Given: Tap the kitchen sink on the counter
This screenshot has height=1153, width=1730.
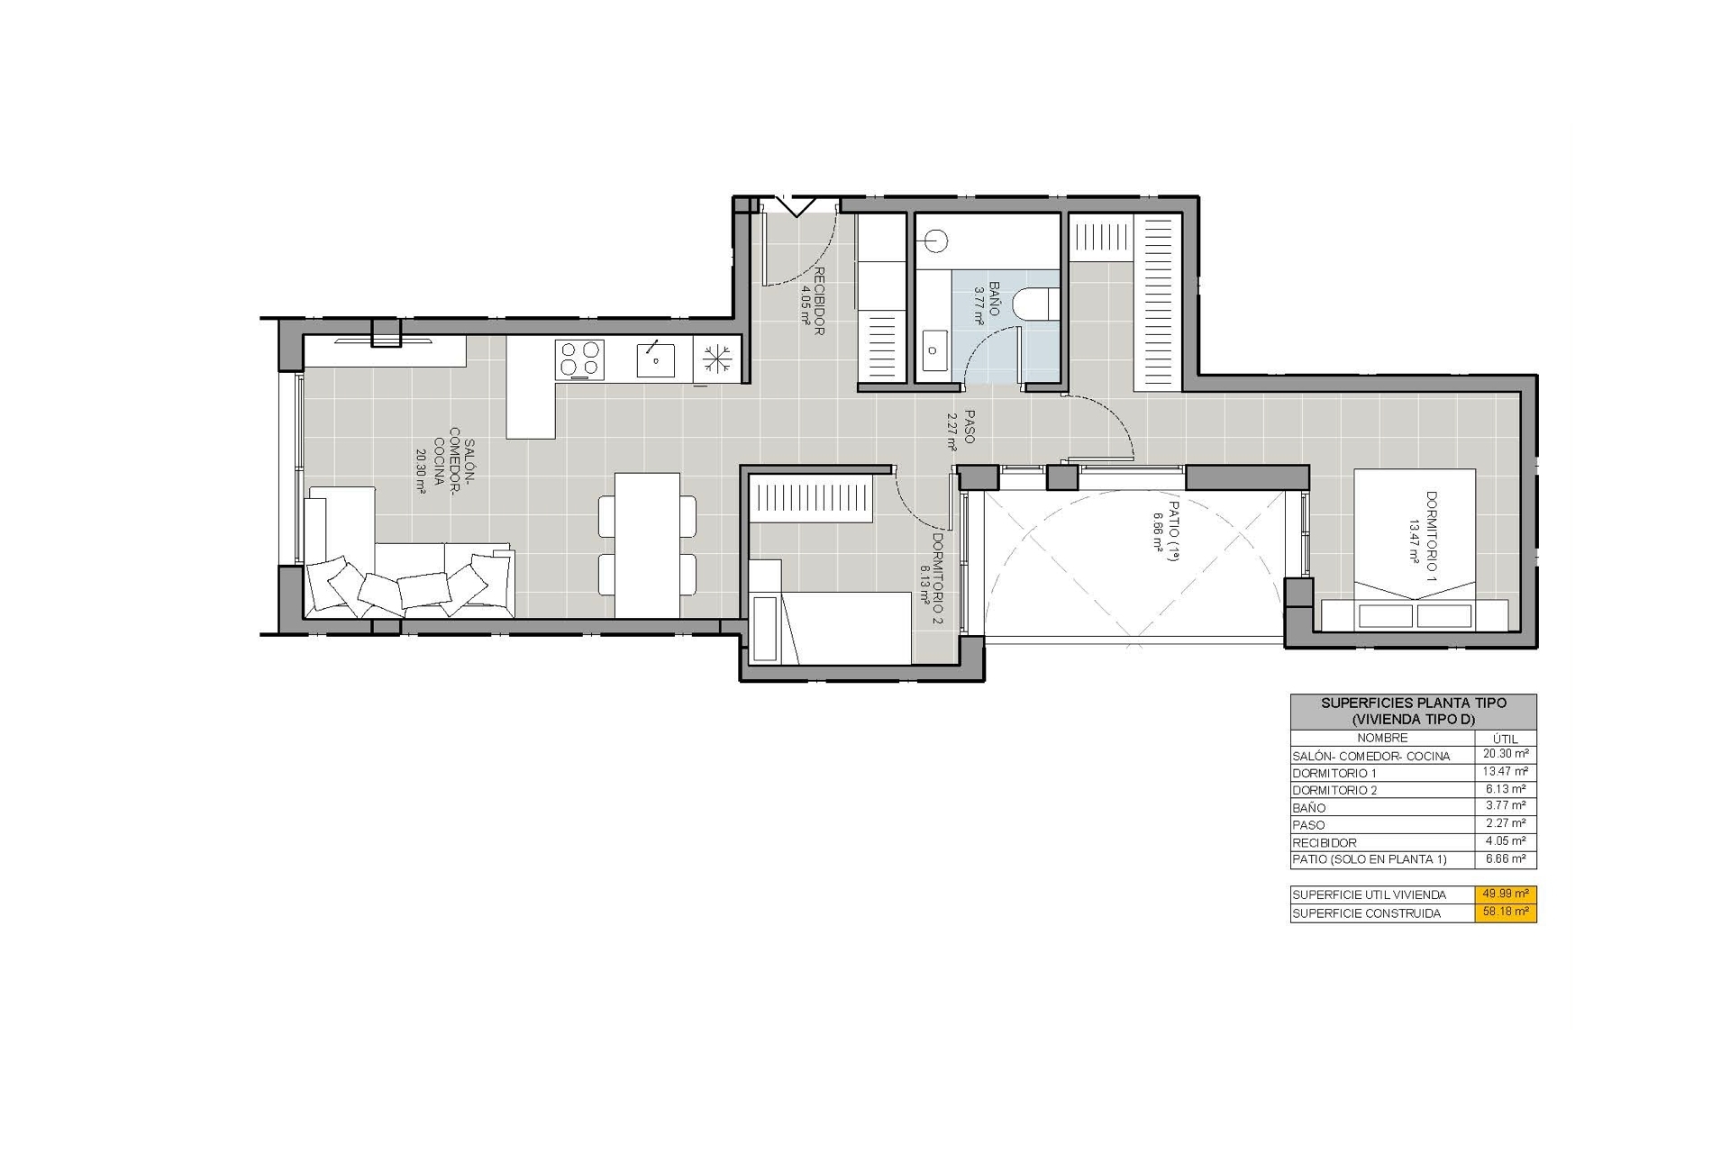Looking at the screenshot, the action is (655, 359).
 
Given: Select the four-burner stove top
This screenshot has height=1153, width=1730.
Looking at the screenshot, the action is (579, 359).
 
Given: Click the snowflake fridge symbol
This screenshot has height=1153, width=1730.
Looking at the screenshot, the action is (717, 359).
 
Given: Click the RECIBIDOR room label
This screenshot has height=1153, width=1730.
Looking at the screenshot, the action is (812, 301).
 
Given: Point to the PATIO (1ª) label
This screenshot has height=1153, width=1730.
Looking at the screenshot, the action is (1165, 531).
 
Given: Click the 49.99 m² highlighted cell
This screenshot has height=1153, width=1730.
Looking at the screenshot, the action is (1506, 894).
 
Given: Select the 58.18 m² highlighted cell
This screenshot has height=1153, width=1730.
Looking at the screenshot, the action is (1506, 912).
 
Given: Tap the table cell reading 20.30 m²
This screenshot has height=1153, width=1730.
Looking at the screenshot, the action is (1506, 755).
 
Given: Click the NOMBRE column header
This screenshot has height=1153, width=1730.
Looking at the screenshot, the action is (1382, 738).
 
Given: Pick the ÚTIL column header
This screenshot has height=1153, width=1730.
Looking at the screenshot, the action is (1506, 739).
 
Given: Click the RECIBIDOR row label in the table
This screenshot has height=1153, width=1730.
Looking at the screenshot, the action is (1325, 843).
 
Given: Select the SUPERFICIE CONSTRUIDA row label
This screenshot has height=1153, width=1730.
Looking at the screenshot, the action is (1366, 913).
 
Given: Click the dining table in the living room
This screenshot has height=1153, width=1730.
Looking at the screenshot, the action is (647, 545).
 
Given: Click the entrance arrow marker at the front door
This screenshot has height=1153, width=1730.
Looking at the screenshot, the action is (796, 206).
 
